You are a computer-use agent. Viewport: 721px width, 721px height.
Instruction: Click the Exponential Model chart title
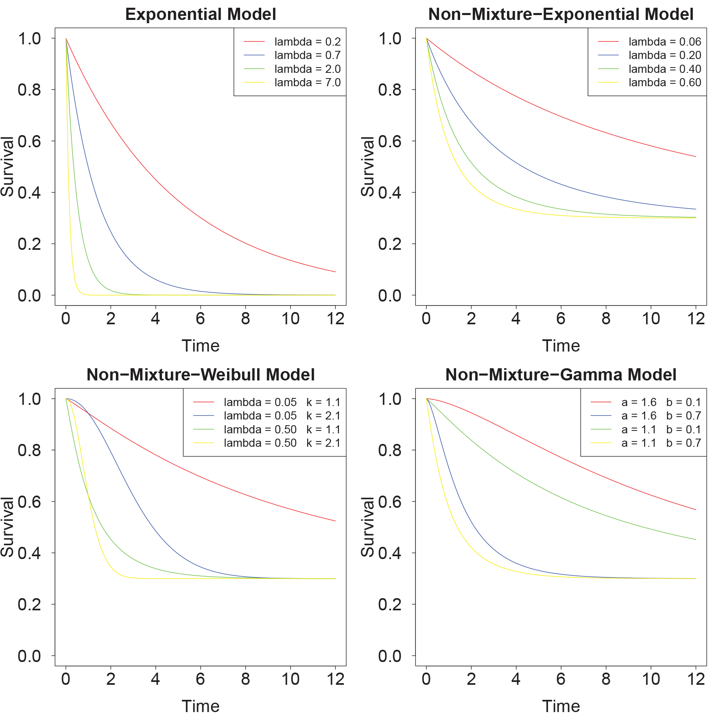(200, 14)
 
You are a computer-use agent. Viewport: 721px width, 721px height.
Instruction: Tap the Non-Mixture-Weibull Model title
(200, 375)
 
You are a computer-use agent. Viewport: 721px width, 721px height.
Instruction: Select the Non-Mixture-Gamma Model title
(561, 375)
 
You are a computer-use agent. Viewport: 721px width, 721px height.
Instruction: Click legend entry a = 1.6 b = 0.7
(661, 416)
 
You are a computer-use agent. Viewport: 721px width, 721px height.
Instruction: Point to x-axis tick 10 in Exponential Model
(290, 319)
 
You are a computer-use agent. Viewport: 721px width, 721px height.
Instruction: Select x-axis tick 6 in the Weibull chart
(200, 679)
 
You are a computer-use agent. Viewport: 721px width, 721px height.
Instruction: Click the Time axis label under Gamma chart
(561, 706)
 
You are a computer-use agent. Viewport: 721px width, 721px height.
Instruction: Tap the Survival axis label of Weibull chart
(7, 527)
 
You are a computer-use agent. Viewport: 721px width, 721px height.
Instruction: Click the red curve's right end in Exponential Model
(335, 271)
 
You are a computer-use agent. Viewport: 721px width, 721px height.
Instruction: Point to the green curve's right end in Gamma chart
(695, 540)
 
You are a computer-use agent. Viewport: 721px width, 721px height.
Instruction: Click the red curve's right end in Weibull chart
(335, 521)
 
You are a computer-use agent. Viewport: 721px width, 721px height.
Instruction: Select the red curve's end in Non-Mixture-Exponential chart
(695, 157)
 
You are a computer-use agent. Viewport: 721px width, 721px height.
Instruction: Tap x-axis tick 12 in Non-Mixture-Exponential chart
(695, 319)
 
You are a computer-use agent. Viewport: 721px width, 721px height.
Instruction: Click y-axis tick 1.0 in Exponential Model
(29, 39)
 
